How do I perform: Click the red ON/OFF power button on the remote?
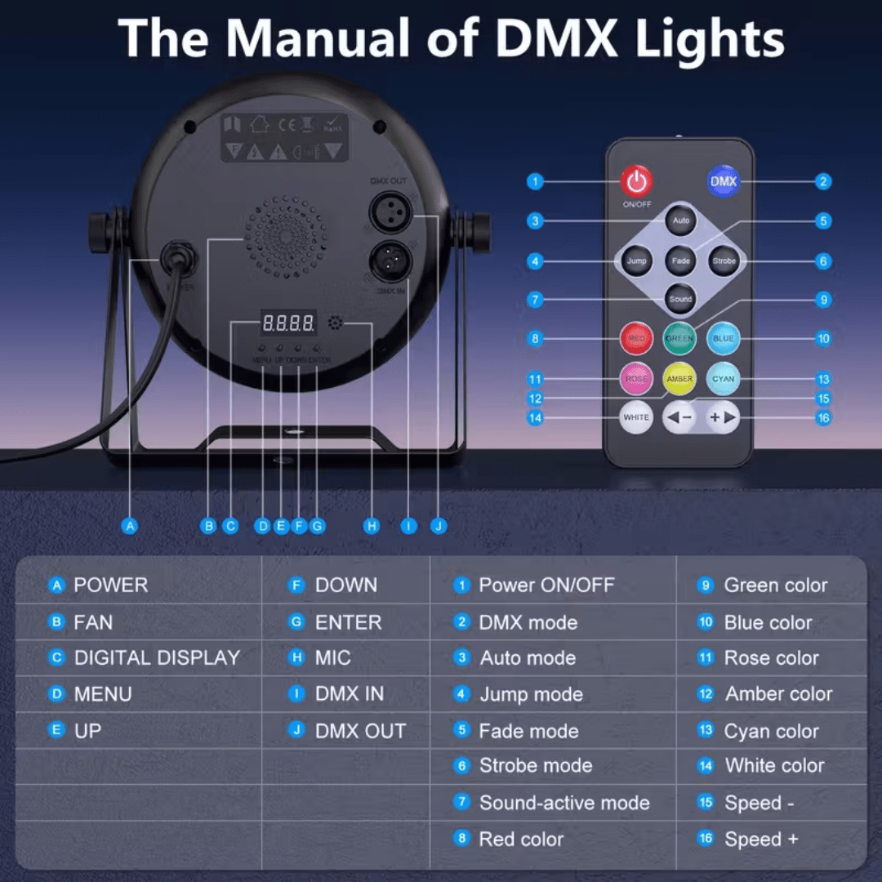pos(636,180)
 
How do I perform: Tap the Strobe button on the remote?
pos(724,261)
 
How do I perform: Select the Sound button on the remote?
pos(680,299)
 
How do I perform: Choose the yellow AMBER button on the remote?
pos(679,379)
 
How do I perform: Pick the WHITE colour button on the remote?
pos(636,417)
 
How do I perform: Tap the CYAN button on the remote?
pos(723,379)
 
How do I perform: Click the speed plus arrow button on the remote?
pos(722,417)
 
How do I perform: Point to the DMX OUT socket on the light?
pos(388,213)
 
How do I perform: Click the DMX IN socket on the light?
pos(388,262)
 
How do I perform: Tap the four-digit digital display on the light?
pos(288,323)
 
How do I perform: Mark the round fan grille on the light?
pos(284,236)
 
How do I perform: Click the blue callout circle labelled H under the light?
pos(372,526)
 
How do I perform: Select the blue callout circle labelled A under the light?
pos(130,526)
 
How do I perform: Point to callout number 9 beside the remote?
pos(823,300)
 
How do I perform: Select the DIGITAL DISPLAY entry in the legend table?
pos(157,657)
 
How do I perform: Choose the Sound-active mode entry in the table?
pos(563,803)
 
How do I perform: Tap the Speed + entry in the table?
pos(761,839)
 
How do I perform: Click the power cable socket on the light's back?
pos(175,259)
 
